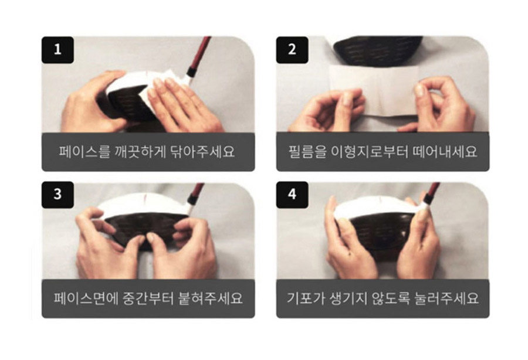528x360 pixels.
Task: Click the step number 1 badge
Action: tap(57, 50)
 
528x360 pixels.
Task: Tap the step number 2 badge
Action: tap(292, 50)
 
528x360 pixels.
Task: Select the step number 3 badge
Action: tap(57, 195)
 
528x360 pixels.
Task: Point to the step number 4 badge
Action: tap(292, 195)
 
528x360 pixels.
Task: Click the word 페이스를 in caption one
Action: tap(84, 152)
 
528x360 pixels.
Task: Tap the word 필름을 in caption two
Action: tap(307, 152)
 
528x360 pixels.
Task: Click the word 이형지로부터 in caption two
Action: tap(370, 152)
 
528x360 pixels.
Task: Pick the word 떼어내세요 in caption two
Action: tap(445, 152)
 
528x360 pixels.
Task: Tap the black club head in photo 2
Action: tap(378, 50)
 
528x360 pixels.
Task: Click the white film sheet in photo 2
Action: tap(374, 91)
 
